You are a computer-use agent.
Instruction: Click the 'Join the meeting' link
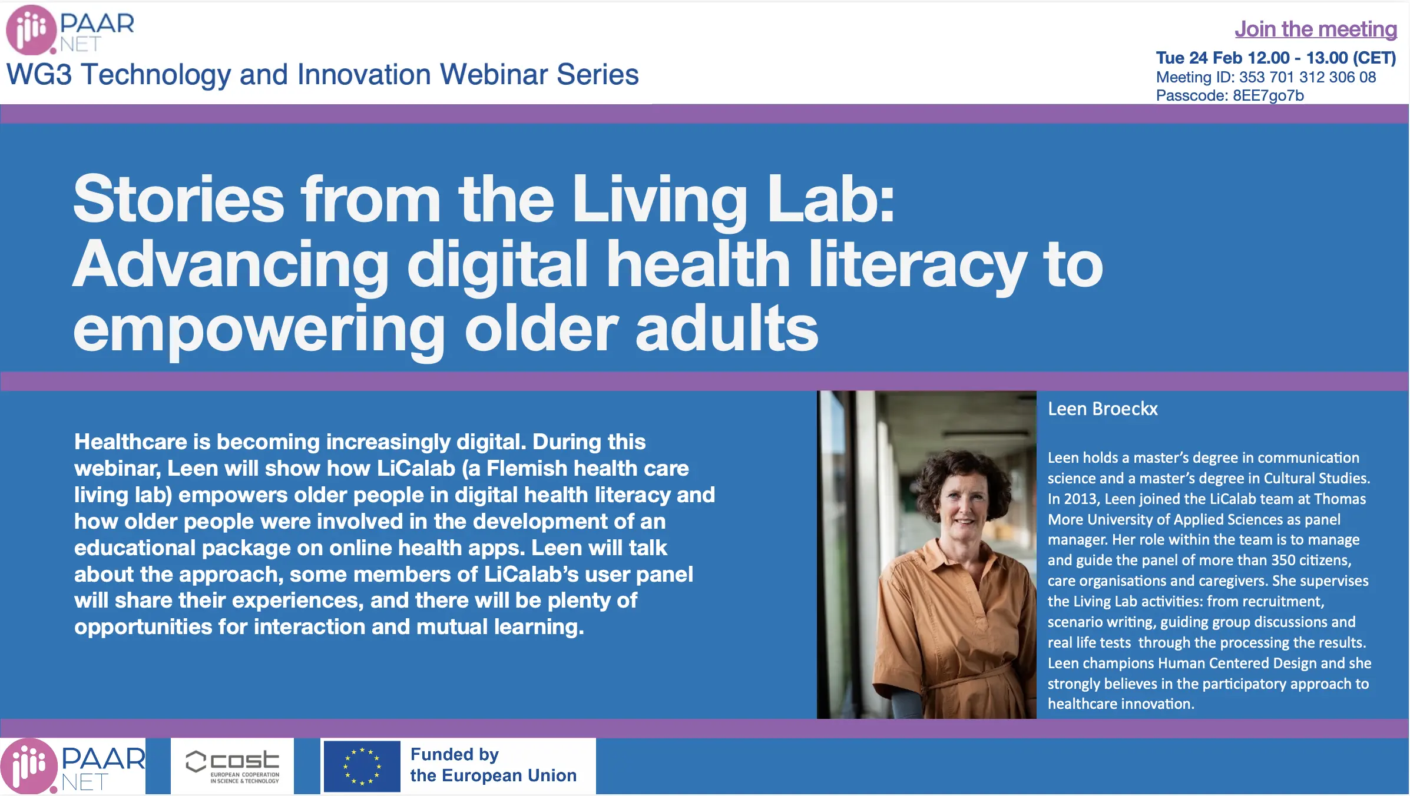click(x=1316, y=29)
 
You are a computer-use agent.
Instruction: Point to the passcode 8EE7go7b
click(x=1268, y=95)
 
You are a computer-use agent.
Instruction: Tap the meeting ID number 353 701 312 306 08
click(x=1308, y=77)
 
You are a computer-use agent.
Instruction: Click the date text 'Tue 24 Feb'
click(x=1199, y=58)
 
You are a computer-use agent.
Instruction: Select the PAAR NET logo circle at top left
click(x=31, y=29)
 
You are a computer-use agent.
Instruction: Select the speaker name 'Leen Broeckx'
click(x=1103, y=409)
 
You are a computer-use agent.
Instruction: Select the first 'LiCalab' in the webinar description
click(x=416, y=468)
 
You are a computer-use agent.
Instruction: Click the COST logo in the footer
click(x=233, y=766)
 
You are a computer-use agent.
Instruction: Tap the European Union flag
click(x=362, y=766)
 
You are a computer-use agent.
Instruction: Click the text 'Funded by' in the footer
click(x=455, y=754)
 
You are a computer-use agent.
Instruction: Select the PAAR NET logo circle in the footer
click(x=28, y=766)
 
